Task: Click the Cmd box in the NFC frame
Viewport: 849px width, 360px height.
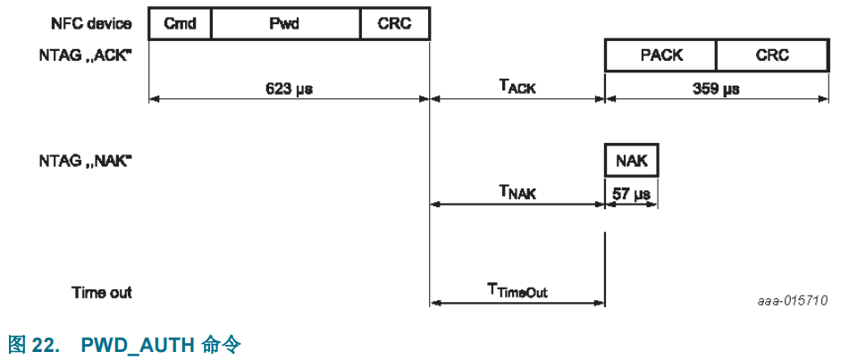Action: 180,24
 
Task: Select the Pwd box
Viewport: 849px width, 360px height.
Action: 285,24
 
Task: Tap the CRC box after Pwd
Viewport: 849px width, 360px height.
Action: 394,24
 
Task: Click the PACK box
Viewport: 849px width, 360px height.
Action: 661,55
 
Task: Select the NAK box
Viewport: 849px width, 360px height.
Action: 632,161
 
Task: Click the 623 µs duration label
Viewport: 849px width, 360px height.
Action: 289,88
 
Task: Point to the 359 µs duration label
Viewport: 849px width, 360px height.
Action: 716,88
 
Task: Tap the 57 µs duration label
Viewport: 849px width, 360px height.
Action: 632,192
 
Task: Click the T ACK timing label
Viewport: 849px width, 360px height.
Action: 517,87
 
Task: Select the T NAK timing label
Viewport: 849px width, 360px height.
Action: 517,191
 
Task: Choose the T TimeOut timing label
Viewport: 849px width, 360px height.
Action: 517,289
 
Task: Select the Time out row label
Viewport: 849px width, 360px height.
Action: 101,291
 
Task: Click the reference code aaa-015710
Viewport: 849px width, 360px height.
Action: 789,300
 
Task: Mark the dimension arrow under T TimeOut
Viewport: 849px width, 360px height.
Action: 517,304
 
